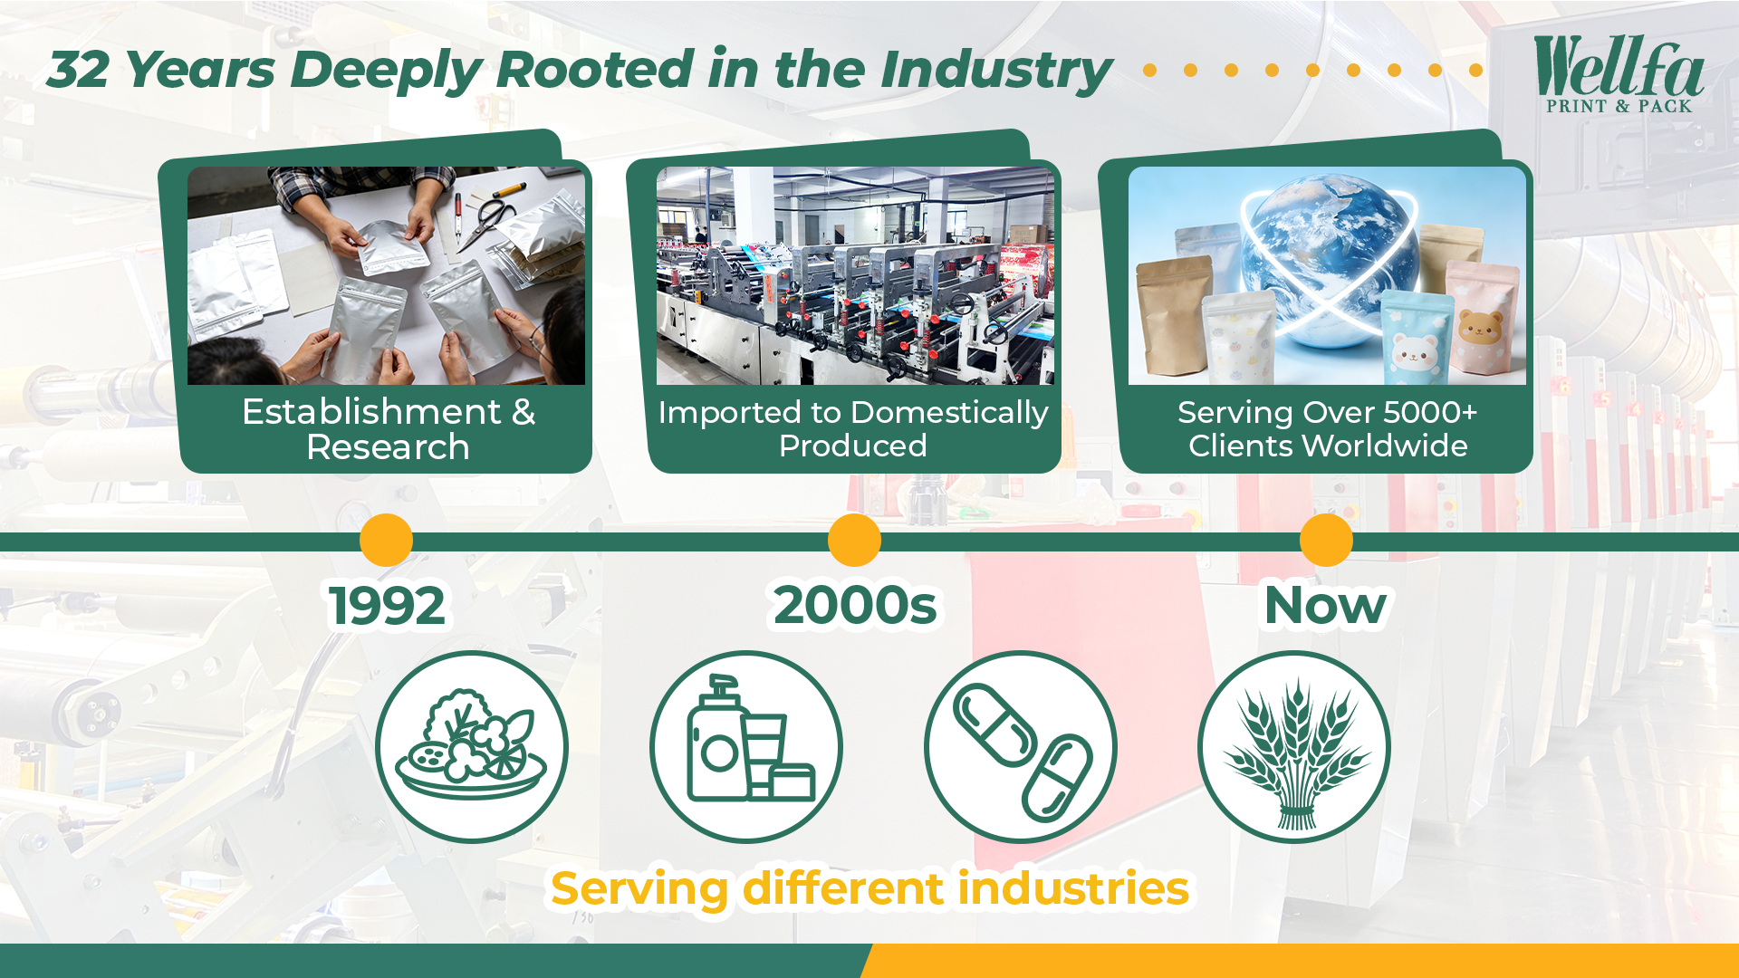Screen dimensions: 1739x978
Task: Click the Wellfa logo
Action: [1619, 74]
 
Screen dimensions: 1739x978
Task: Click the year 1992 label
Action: [387, 605]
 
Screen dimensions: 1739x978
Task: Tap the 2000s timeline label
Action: [855, 605]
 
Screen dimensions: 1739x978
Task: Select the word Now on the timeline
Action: [1325, 605]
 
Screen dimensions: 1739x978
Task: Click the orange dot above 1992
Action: [386, 541]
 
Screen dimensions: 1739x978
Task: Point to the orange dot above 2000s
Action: [854, 541]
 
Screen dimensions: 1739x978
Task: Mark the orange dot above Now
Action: [1326, 541]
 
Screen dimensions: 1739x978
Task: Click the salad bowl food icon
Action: [472, 747]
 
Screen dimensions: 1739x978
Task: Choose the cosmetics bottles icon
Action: [746, 747]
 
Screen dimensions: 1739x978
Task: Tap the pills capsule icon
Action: [1021, 747]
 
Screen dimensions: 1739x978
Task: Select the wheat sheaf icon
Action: [1294, 747]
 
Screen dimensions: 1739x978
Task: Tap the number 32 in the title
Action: [79, 70]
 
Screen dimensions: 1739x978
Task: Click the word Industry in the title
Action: [995, 71]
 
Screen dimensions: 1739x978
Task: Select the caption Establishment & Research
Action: [389, 429]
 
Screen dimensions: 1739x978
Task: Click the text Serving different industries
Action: [869, 888]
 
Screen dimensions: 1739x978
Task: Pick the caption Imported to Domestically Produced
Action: [853, 429]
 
